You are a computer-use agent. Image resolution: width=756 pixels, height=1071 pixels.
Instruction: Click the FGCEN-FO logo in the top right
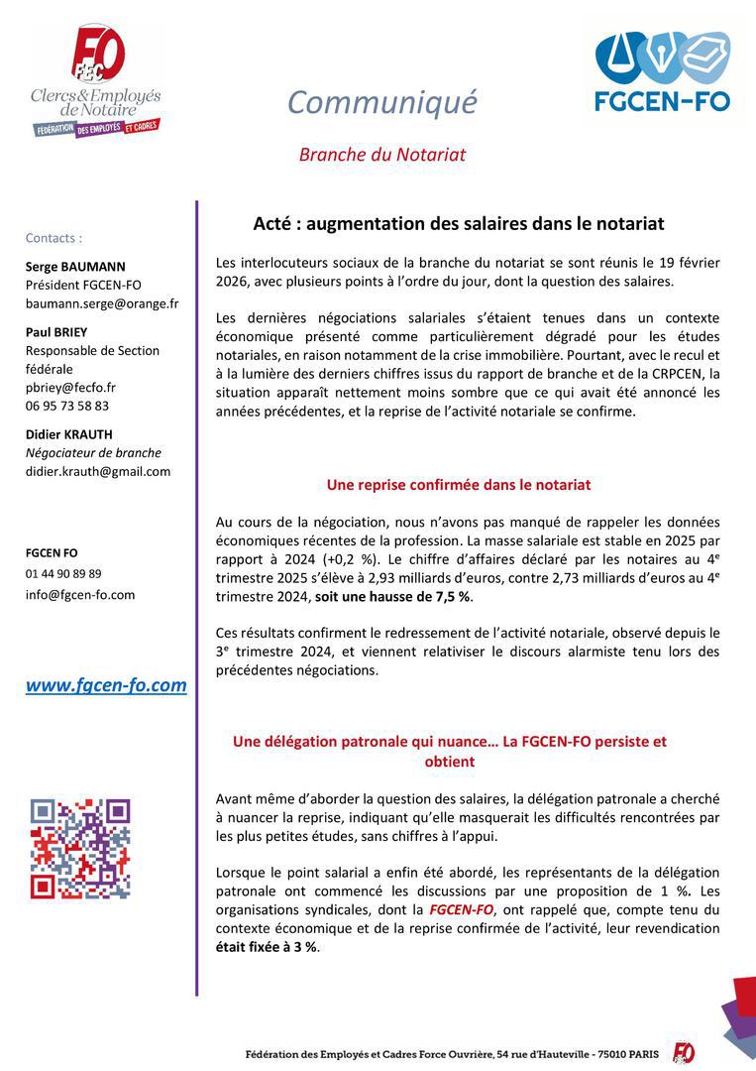(x=662, y=70)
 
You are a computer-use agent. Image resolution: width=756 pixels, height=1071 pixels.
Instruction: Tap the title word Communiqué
(x=381, y=101)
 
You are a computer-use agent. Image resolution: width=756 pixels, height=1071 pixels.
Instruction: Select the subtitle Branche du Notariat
(x=381, y=155)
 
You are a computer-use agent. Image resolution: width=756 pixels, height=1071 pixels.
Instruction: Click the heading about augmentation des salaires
(x=458, y=224)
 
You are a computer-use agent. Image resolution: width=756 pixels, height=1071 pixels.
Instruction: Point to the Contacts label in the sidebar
(x=54, y=238)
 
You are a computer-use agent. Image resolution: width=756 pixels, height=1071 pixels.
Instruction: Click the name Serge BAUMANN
(x=75, y=267)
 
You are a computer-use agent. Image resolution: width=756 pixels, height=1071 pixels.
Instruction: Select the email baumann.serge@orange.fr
(x=102, y=303)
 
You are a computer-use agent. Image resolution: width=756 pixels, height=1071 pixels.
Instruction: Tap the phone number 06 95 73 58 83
(x=67, y=406)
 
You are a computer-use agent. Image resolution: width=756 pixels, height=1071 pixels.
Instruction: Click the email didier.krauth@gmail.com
(x=98, y=471)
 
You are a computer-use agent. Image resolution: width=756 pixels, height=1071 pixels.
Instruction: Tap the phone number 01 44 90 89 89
(x=63, y=573)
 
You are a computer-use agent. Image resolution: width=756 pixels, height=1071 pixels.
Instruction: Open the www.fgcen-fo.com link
(x=106, y=685)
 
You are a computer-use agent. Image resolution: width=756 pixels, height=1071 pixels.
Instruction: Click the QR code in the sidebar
(x=80, y=848)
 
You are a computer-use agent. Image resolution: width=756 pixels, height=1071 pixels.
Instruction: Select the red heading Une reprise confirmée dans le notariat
(x=459, y=485)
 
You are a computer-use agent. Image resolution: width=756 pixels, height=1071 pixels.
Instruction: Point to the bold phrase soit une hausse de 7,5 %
(x=393, y=597)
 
